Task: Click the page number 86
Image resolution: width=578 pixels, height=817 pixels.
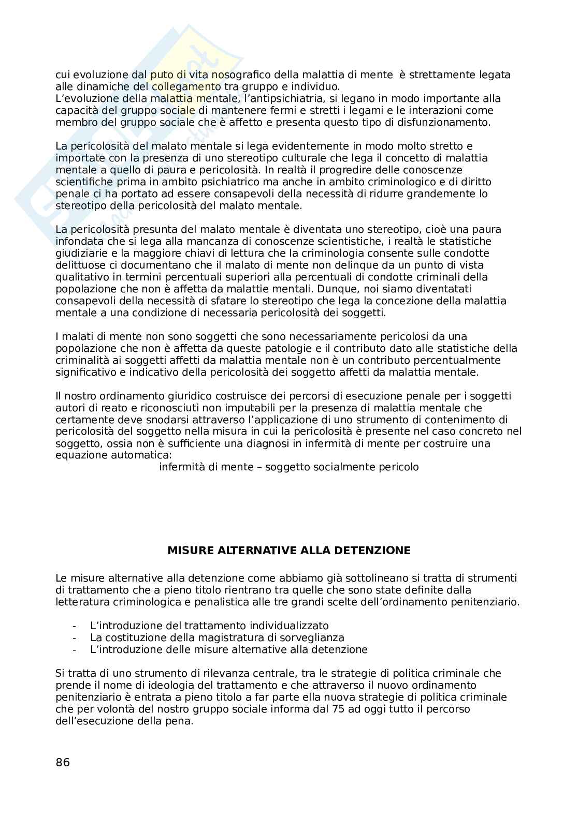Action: click(x=62, y=762)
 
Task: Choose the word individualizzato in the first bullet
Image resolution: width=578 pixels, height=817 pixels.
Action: click(x=288, y=626)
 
